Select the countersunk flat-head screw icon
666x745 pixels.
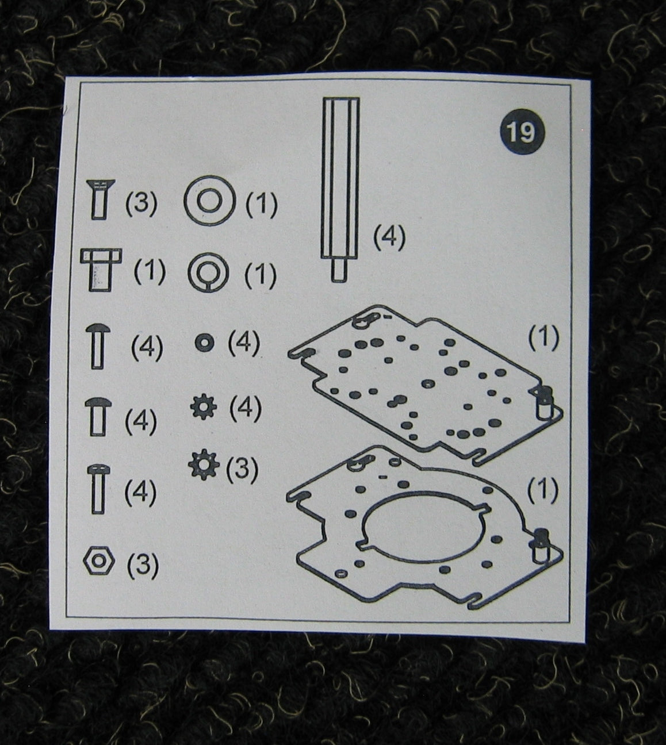101,199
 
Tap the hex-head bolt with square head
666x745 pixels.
101,270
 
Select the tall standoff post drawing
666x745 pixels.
340,189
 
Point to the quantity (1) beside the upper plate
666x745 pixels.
544,337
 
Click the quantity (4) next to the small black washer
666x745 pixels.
244,343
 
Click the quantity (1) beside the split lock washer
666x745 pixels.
261,275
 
